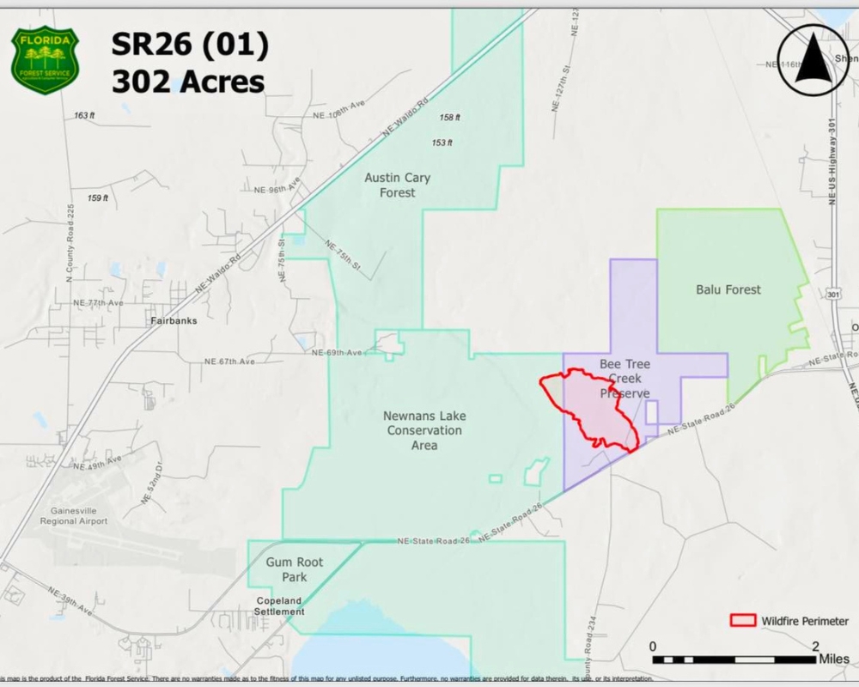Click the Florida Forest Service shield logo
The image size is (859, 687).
[45, 61]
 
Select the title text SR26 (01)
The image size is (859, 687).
[189, 45]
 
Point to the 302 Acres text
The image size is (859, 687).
[187, 82]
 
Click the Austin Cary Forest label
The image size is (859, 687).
[397, 185]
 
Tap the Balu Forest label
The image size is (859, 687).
[728, 289]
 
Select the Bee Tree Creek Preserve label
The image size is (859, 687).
[624, 379]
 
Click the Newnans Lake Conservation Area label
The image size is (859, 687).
[423, 430]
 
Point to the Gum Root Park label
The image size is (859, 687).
[294, 569]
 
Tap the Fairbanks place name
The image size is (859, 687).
[174, 321]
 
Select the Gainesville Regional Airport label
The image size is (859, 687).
[73, 515]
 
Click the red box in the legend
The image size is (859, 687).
[742, 621]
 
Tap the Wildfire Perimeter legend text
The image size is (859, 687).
[804, 621]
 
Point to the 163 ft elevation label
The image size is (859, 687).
[84, 115]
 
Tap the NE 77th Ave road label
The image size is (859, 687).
[98, 303]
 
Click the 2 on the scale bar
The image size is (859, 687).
[815, 646]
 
